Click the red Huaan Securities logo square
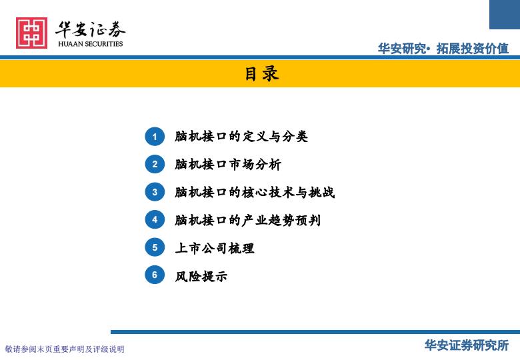coord(31,33)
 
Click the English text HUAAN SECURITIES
coord(90,44)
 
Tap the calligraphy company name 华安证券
coord(90,29)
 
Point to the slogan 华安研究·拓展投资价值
coord(443,49)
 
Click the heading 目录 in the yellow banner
coord(261,73)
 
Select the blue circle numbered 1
coord(155,137)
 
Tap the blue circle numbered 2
coord(155,164)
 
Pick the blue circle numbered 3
coord(155,192)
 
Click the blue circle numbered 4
coord(155,219)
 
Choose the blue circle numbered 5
coord(155,247)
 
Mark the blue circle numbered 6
coord(155,275)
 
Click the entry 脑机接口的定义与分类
coord(241,136)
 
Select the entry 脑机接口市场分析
coord(228,164)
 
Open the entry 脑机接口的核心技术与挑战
coord(255,192)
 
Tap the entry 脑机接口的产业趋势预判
coord(248,220)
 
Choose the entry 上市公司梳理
coord(215,248)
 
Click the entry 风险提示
coord(201,276)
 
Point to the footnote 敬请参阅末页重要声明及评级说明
coord(65,349)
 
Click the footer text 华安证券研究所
coord(467,345)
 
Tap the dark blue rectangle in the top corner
coord(505,15)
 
